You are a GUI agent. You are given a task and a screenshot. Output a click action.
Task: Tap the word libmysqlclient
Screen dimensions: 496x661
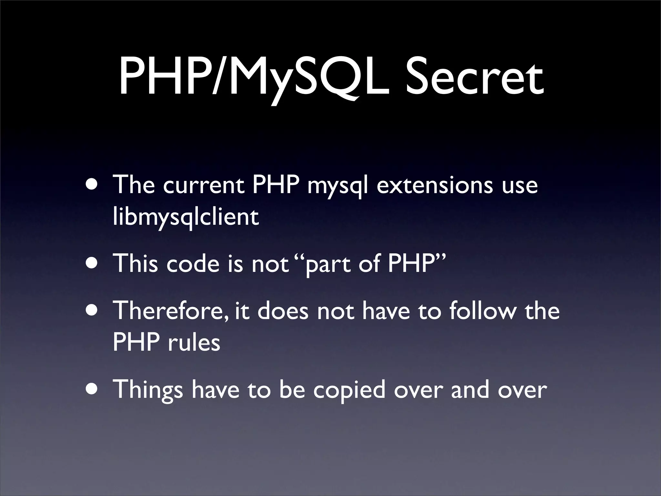[186, 217]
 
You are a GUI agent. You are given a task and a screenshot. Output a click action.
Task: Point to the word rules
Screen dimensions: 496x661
[194, 342]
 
